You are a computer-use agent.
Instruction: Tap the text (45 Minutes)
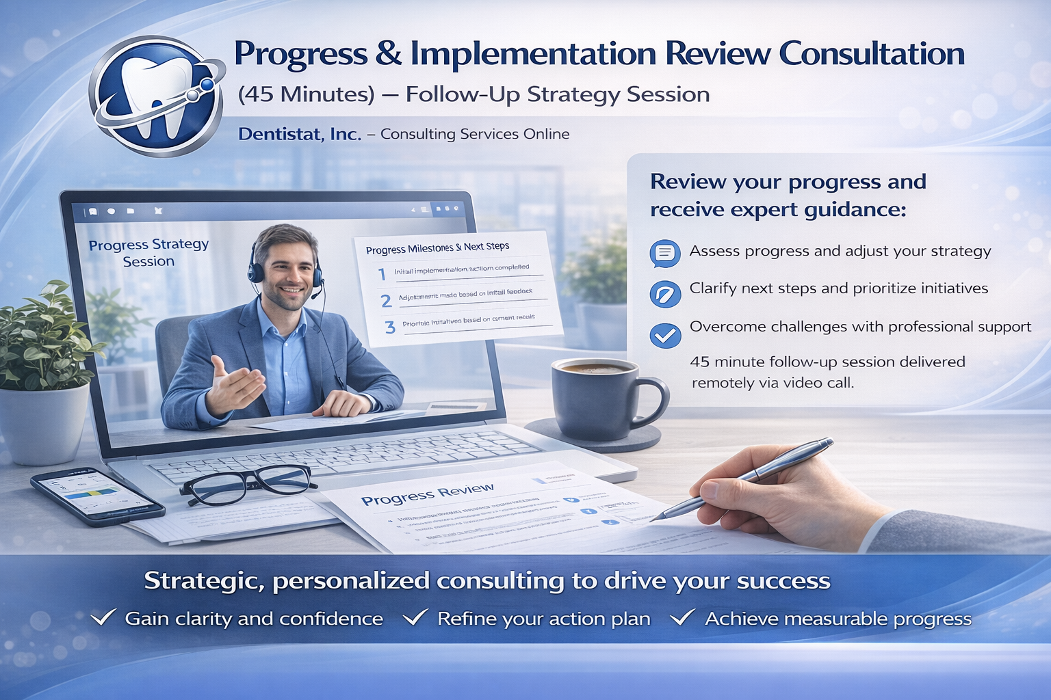click(x=306, y=94)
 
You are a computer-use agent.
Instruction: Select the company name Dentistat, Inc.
click(x=300, y=134)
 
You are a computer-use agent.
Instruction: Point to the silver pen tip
click(x=654, y=519)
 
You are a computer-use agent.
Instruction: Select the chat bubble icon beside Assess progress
click(x=664, y=254)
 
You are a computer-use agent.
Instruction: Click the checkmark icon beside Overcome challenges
click(x=664, y=335)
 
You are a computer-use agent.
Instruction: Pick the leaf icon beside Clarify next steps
click(x=664, y=294)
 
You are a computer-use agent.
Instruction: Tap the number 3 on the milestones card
click(x=390, y=327)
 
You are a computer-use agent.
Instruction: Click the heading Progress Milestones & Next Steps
click(x=437, y=247)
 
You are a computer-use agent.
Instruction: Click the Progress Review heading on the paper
click(x=427, y=494)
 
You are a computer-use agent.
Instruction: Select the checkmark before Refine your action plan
click(x=415, y=618)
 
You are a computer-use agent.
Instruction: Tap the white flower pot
click(x=44, y=424)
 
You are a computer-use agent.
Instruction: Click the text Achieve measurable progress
click(x=838, y=619)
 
